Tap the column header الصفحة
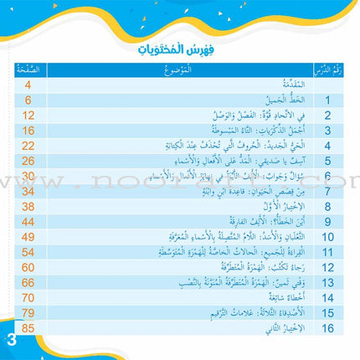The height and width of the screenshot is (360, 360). pos(27,70)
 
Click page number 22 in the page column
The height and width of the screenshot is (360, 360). pos(27,145)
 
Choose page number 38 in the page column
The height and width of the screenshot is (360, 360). pos(27,205)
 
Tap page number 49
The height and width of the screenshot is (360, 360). pos(27,235)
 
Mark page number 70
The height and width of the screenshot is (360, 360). pos(27,296)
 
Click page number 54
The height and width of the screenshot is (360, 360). pos(27,250)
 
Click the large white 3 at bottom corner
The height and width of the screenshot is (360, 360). pos(10,342)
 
